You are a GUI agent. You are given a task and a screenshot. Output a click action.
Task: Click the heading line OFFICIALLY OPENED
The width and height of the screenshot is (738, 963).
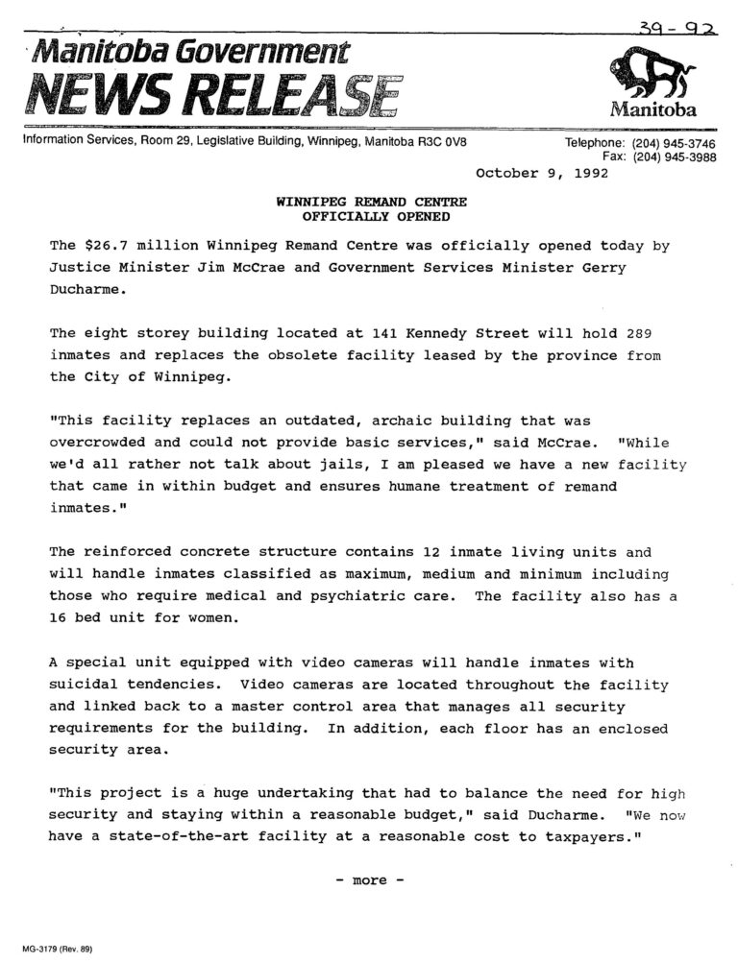(371, 216)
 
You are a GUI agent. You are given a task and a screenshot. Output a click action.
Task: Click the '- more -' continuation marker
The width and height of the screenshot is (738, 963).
(370, 879)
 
